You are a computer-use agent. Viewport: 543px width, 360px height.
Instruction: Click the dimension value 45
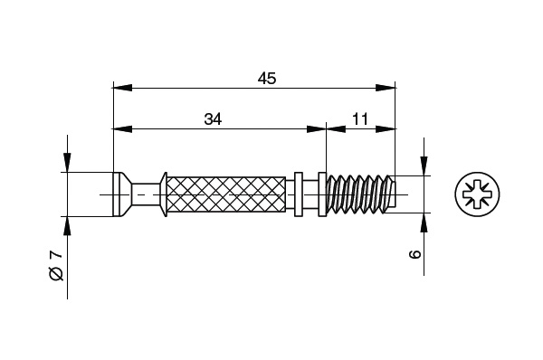coord(267,79)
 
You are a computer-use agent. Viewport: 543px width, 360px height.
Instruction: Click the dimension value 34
coord(213,119)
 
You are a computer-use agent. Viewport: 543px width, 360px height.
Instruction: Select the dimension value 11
coord(360,119)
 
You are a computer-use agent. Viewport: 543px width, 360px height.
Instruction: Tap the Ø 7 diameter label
coord(56,265)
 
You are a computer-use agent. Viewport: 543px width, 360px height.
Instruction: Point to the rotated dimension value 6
coord(414,254)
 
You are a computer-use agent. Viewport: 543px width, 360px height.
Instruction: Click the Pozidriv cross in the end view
coord(477,194)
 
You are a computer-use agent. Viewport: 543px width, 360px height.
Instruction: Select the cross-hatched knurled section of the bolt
coord(226,194)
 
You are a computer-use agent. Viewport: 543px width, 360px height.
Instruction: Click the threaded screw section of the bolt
coord(361,194)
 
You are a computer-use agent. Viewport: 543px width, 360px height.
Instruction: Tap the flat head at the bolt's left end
coord(118,194)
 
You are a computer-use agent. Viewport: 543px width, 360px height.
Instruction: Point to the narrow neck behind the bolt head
coord(146,194)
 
